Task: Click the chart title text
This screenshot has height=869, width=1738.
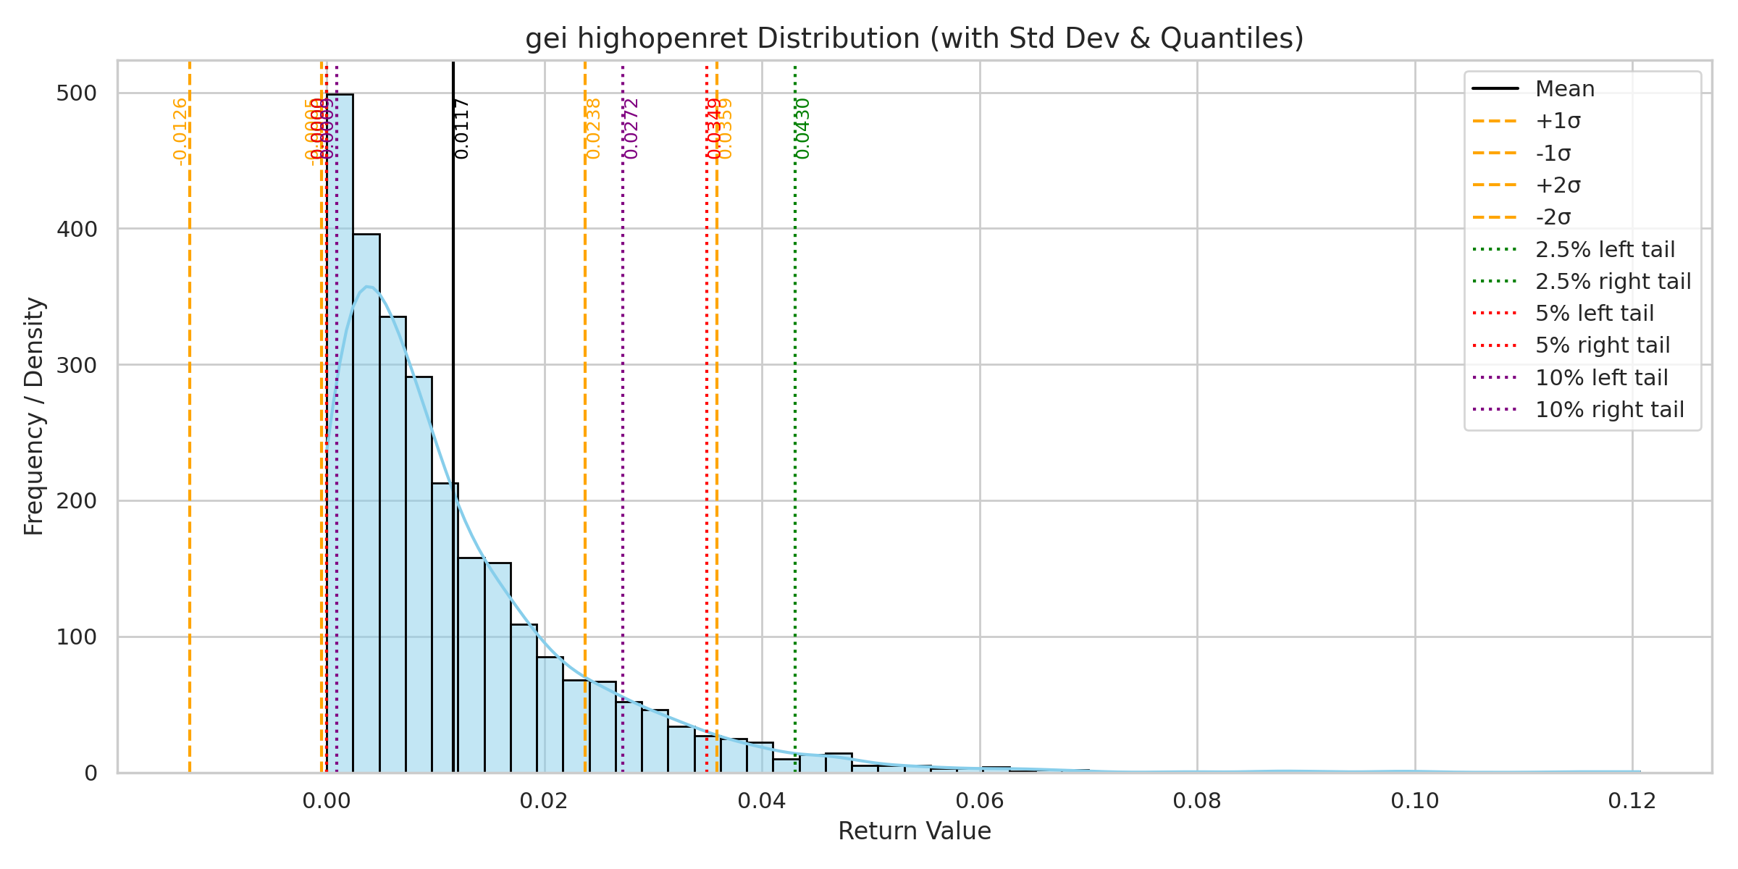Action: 914,38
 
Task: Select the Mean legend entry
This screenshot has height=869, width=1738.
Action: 1564,89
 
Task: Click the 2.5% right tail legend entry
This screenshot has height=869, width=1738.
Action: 1613,281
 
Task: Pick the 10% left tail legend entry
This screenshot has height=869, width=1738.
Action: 1601,377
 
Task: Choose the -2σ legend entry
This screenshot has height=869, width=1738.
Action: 1553,217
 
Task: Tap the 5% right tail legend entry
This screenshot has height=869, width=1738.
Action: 1602,345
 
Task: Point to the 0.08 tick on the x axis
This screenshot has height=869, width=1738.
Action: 1197,801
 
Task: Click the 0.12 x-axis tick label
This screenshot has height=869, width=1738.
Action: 1632,801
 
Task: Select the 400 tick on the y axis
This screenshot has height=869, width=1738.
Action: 76,230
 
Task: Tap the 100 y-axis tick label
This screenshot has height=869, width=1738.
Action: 76,637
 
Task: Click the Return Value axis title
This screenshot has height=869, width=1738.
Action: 914,831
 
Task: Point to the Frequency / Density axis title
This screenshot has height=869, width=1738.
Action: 34,416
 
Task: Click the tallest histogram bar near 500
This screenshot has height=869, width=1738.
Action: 340,434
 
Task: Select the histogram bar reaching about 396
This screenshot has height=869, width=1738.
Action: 366,507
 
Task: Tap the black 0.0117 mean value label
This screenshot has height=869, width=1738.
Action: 462,129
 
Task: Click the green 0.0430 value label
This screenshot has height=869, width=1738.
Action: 802,129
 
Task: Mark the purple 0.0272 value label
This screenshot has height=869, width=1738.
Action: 631,129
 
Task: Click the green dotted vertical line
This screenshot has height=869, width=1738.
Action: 795,434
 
